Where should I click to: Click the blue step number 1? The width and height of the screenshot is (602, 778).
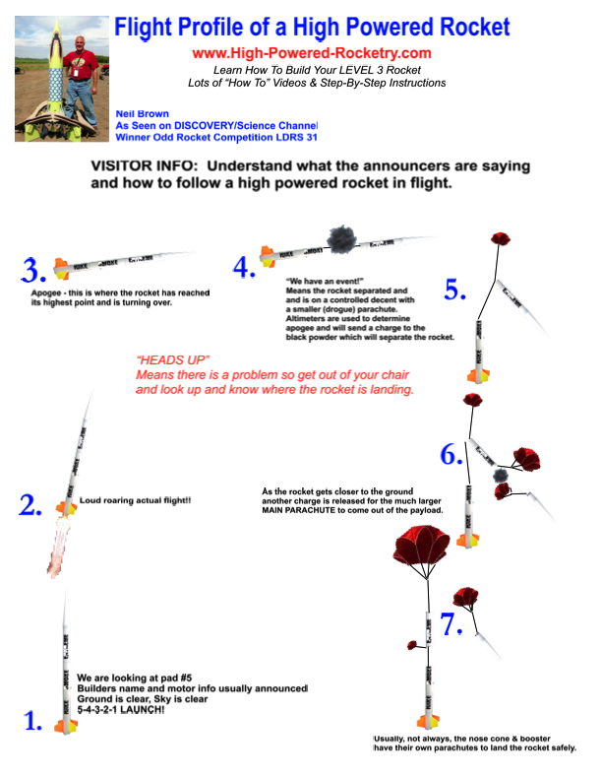click(x=32, y=721)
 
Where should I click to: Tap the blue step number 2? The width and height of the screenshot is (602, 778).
click(x=30, y=505)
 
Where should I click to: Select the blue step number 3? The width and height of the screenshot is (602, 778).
click(x=33, y=271)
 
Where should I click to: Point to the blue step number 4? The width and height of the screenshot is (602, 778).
click(x=244, y=267)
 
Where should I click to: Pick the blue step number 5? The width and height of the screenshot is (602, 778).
click(x=454, y=290)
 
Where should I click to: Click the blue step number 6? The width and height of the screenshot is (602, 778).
click(x=451, y=455)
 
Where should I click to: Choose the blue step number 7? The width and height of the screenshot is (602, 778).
click(x=451, y=623)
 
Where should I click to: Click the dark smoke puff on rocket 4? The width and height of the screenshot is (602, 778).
click(x=342, y=239)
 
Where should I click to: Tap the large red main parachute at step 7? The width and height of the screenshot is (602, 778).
click(x=422, y=544)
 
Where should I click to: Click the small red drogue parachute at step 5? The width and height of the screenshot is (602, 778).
click(x=501, y=238)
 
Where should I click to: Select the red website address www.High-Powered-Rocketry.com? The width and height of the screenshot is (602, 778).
click(x=312, y=53)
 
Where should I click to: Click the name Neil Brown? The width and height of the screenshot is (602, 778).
click(x=143, y=113)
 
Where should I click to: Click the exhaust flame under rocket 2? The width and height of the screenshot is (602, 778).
click(x=58, y=546)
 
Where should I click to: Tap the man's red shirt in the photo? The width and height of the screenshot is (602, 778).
click(x=80, y=63)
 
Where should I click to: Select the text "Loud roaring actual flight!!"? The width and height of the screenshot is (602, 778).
click(x=136, y=500)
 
